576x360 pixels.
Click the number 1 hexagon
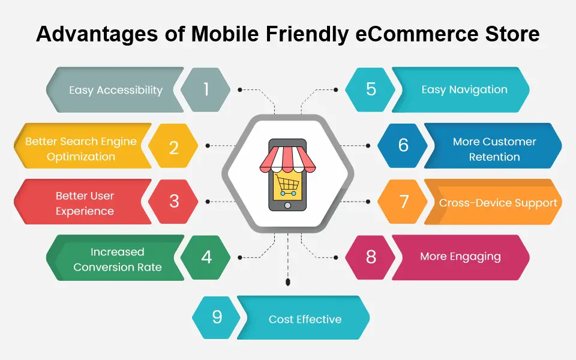206,90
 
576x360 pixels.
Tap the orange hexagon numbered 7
403,202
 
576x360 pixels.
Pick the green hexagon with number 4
206,257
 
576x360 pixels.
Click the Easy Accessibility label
115,90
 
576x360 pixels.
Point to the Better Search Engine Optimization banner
80,149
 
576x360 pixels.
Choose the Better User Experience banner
84,203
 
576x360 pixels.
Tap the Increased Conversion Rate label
117,259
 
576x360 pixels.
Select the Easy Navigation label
464,90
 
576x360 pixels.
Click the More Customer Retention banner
494,149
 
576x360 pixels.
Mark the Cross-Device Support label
498,203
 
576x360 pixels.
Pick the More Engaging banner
460,257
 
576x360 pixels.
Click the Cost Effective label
305,319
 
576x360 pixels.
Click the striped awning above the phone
287,158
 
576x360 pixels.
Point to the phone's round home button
287,205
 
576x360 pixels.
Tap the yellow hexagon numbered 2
173,146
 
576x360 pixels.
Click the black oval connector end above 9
289,281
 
